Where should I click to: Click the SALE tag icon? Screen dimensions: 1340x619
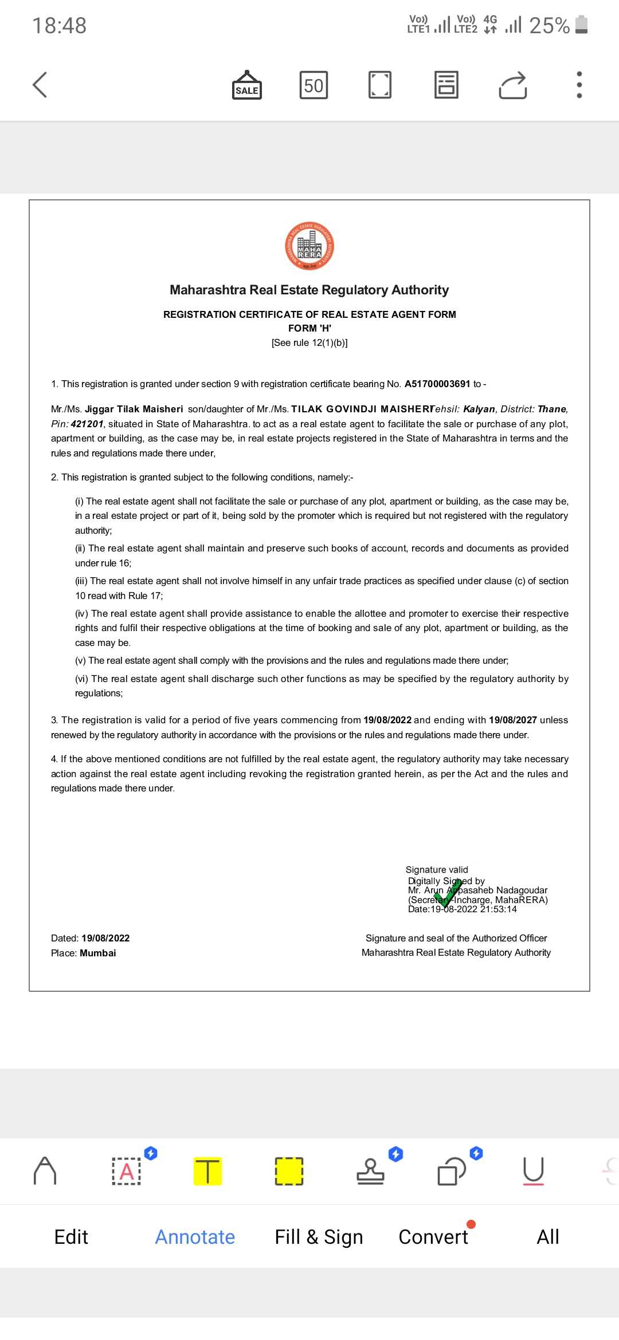pyautogui.click(x=247, y=85)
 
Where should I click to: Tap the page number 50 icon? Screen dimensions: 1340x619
pyautogui.click(x=314, y=85)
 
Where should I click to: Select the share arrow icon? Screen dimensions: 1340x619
pyautogui.click(x=513, y=85)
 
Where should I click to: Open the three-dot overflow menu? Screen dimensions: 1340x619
pyautogui.click(x=579, y=85)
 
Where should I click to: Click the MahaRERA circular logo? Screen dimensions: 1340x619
pyautogui.click(x=309, y=246)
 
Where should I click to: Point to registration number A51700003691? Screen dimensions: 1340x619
pyautogui.click(x=437, y=384)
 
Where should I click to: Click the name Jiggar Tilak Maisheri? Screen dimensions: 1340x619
pyautogui.click(x=134, y=409)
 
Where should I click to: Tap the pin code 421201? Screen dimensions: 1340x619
pyautogui.click(x=87, y=424)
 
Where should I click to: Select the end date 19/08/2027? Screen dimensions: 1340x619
pyautogui.click(x=512, y=720)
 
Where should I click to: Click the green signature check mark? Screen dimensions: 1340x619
pyautogui.click(x=448, y=894)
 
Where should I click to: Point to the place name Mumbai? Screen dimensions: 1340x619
pyautogui.click(x=98, y=953)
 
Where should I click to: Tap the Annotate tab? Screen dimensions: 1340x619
pyautogui.click(x=195, y=1237)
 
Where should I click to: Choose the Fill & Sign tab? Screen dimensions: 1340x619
pyautogui.click(x=319, y=1237)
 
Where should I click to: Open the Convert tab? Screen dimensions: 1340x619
pyautogui.click(x=433, y=1237)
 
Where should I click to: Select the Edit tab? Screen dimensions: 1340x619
pyautogui.click(x=71, y=1237)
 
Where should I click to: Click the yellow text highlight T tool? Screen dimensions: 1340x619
pyautogui.click(x=207, y=1170)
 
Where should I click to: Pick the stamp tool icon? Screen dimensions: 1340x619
pyautogui.click(x=370, y=1170)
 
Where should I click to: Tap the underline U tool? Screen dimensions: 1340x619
pyautogui.click(x=533, y=1170)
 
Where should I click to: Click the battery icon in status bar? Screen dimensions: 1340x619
pyautogui.click(x=581, y=25)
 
